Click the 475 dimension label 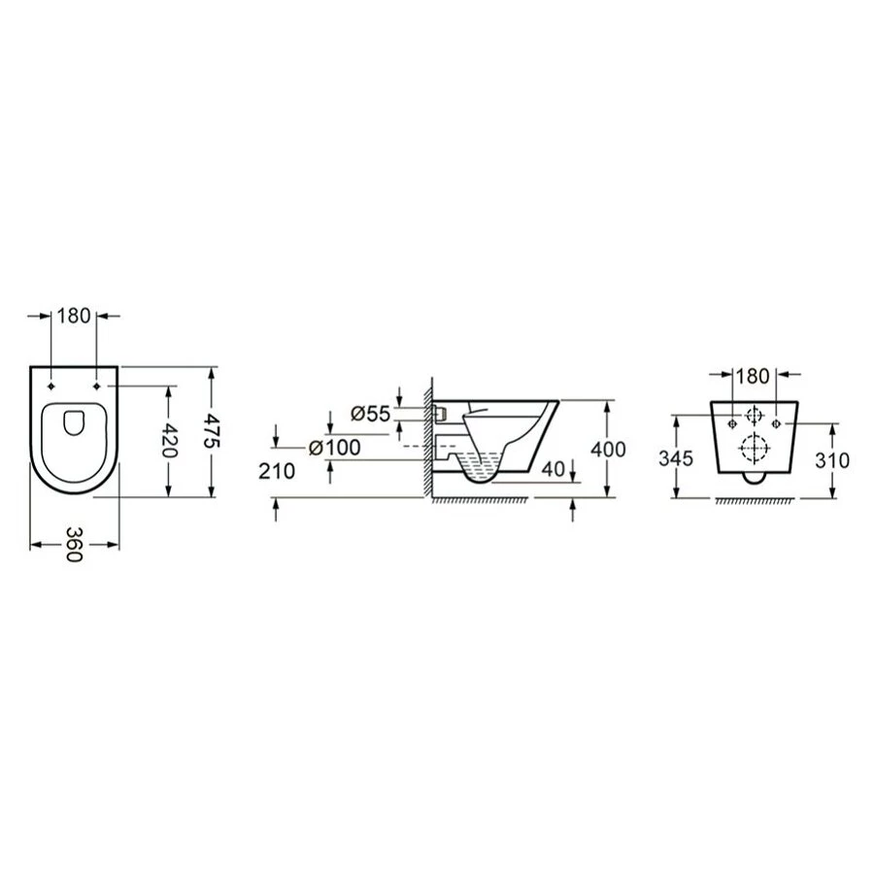[214, 430]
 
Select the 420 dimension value [169, 440]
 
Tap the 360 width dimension [74, 545]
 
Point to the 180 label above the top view [74, 316]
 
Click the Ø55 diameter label [370, 414]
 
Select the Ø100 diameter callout [334, 447]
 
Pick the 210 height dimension [277, 472]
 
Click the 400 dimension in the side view [608, 450]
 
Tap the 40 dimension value [554, 469]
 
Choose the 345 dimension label [676, 458]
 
